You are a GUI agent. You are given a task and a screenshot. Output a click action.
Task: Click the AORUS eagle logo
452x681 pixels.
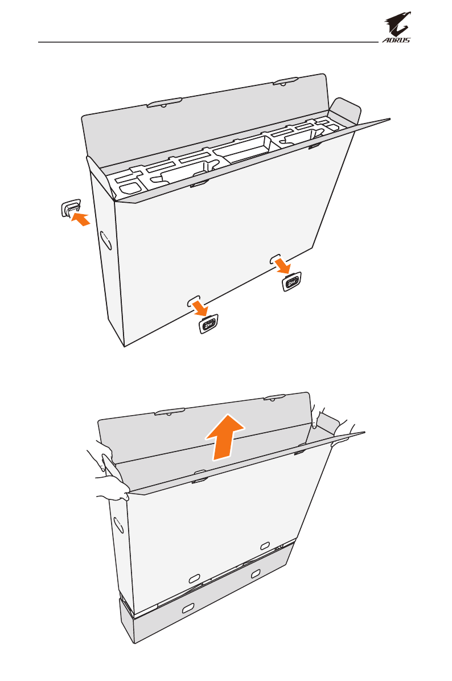(x=397, y=27)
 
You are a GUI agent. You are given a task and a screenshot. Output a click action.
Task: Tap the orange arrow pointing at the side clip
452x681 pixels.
(x=81, y=219)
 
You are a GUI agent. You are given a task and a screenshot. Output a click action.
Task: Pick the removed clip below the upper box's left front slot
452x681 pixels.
(x=208, y=323)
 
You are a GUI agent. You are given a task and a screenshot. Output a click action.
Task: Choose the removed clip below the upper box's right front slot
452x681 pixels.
(x=292, y=282)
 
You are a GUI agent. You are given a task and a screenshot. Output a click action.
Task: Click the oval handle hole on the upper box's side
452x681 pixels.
(x=106, y=240)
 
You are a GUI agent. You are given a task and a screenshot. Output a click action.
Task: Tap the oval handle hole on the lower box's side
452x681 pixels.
(x=118, y=525)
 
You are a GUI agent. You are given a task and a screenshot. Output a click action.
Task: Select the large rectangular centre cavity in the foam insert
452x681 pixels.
(x=241, y=149)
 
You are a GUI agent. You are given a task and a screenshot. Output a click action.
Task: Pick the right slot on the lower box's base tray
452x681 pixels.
(x=256, y=574)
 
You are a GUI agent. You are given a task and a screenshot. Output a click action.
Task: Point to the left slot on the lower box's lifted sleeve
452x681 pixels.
(x=194, y=578)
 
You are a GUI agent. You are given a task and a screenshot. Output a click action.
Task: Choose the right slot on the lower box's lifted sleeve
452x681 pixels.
(x=265, y=545)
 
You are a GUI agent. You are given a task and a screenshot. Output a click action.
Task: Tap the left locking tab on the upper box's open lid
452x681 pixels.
(x=164, y=103)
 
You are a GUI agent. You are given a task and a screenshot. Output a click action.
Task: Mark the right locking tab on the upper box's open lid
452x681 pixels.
(x=285, y=81)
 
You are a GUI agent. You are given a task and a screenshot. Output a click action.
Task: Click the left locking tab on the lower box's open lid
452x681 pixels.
(x=170, y=411)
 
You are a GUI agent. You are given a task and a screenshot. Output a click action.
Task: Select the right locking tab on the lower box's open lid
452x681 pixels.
(x=274, y=397)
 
